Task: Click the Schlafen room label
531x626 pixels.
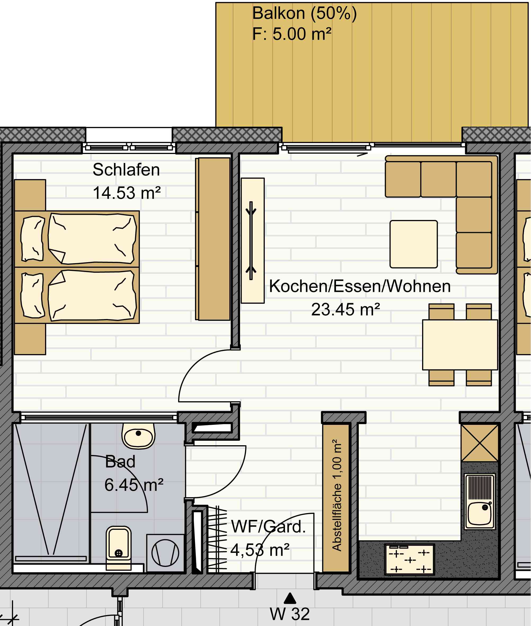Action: coord(126,170)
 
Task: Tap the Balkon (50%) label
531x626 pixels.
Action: coord(304,14)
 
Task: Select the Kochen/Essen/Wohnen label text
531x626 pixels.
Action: coord(360,286)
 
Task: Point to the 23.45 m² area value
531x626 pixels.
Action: coord(346,310)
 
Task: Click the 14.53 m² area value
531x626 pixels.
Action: coord(127,193)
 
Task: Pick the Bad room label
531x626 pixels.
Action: coord(120,462)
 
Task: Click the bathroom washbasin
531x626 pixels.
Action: coord(139,436)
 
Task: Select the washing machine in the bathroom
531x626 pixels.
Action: coord(165,553)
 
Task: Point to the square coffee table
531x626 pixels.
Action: coord(414,244)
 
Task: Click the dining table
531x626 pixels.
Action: coord(460,345)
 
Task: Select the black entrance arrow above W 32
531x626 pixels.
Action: coord(290,598)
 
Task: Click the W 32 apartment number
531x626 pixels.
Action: coord(290,614)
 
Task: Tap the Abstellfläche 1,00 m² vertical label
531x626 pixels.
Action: coord(337,495)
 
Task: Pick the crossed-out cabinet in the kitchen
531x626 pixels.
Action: coord(480,443)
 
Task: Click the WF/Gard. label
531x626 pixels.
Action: coord(268,527)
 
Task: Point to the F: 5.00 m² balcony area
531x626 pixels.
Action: coord(292,34)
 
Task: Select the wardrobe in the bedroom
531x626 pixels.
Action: coord(213,239)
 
